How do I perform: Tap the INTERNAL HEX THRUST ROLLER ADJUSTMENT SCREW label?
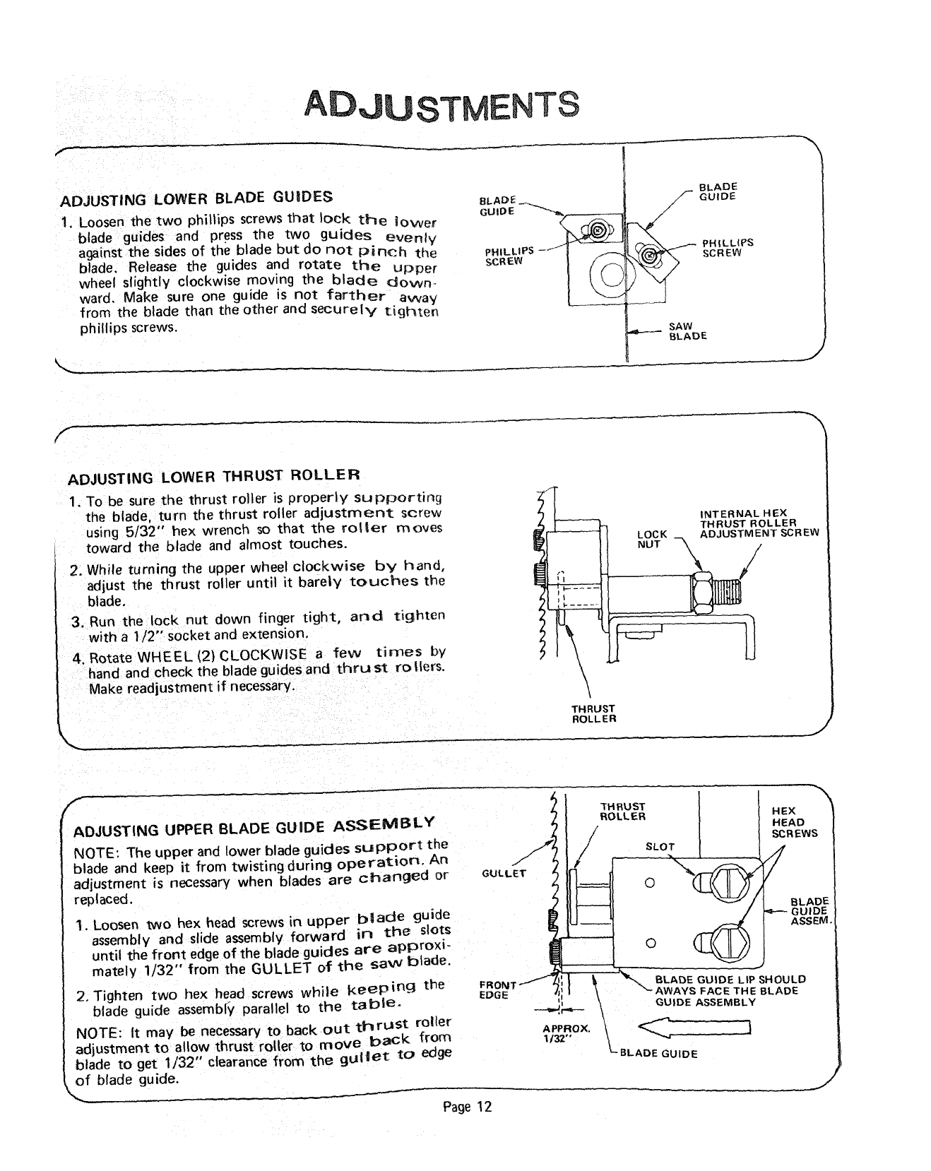click(x=758, y=523)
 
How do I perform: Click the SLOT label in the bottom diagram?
click(x=660, y=846)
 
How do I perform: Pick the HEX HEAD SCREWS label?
click(x=794, y=822)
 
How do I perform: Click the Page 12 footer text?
click(x=467, y=1107)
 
